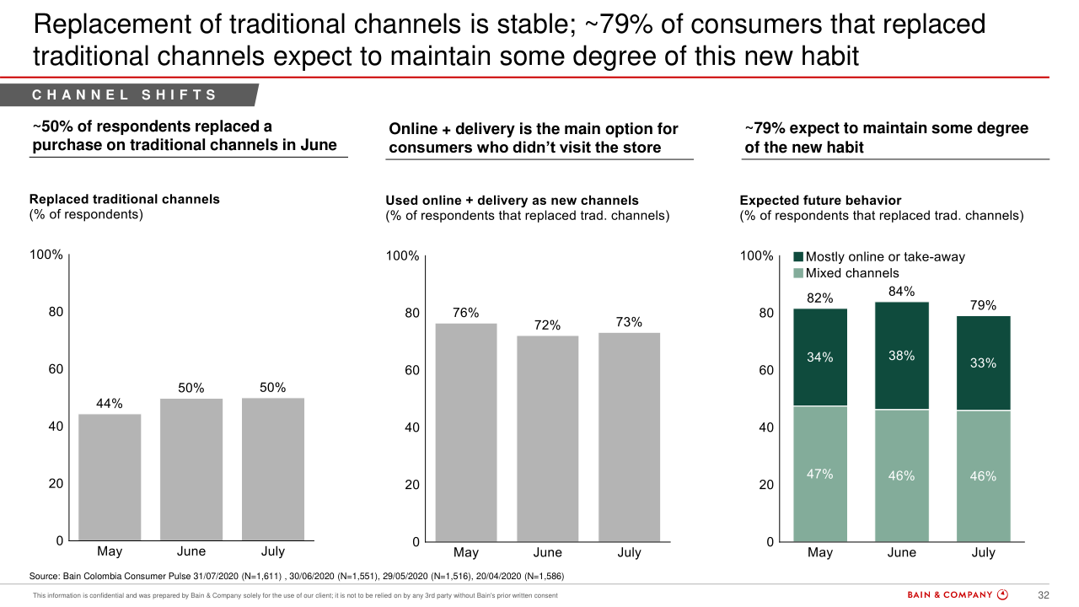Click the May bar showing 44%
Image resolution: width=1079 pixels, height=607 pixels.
click(110, 476)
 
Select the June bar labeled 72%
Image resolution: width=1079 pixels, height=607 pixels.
click(547, 438)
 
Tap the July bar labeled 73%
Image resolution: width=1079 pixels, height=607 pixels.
click(629, 437)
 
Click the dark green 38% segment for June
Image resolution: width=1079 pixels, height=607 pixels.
click(901, 356)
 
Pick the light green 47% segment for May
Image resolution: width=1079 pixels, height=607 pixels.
click(819, 474)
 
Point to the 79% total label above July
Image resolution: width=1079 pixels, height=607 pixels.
click(983, 305)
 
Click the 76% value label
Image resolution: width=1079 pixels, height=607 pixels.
click(465, 313)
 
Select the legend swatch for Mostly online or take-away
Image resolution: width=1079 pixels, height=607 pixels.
click(798, 257)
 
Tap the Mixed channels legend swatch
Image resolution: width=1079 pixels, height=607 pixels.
click(798, 273)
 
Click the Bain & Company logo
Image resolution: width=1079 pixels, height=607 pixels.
click(957, 595)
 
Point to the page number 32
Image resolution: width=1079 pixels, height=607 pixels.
click(1043, 595)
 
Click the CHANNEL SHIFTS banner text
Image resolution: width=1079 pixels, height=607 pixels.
click(125, 95)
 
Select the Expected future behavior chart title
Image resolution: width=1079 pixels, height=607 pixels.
click(819, 201)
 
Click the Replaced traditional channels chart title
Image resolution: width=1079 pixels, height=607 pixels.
click(124, 199)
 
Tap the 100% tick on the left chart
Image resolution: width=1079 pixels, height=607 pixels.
click(46, 255)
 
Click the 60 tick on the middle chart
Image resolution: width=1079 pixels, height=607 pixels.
click(411, 370)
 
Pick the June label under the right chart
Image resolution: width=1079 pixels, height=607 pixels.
click(901, 553)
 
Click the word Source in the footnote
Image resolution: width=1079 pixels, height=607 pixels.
click(44, 577)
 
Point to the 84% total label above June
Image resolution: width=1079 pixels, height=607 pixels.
click(901, 292)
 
